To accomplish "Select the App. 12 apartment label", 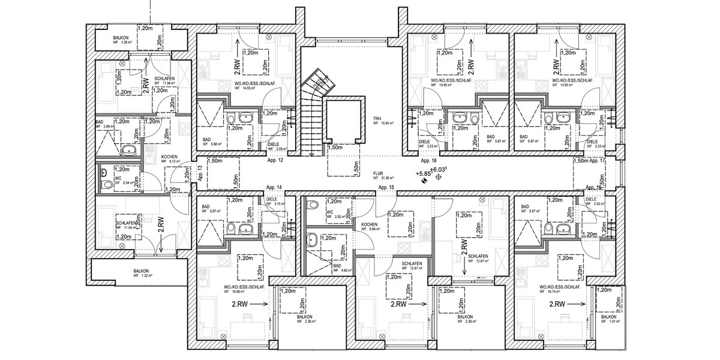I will (276, 161).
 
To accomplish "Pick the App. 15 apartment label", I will (386, 188).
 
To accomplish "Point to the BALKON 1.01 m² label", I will (611, 320).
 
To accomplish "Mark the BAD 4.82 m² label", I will (337, 268).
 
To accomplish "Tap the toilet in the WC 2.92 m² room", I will (312, 206).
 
